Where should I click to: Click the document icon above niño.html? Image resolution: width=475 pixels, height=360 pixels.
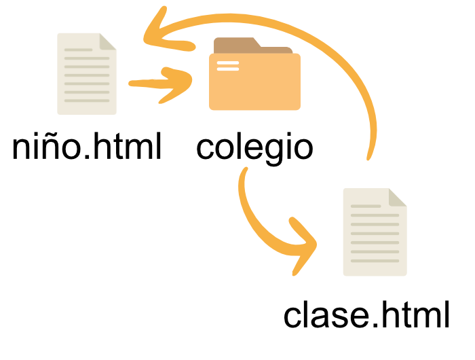87,73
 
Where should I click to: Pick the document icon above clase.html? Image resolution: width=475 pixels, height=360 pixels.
375,232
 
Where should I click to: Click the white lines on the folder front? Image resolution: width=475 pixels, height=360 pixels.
227,66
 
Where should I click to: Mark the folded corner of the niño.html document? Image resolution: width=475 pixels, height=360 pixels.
108,41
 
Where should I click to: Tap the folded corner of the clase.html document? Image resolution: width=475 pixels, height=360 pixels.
398,197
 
